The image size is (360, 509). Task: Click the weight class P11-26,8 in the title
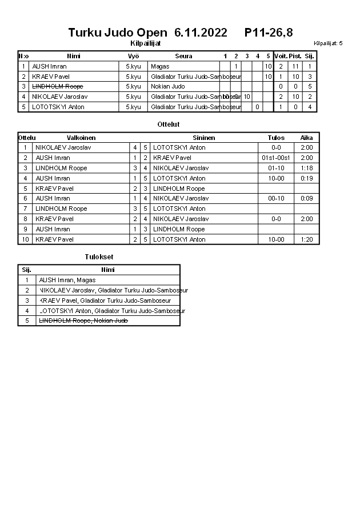(269, 32)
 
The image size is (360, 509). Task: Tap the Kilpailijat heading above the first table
(146, 43)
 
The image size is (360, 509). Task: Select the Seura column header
(183, 56)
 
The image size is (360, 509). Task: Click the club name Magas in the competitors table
(160, 66)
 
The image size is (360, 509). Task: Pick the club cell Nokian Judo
(168, 86)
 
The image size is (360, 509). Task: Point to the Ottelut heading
(169, 124)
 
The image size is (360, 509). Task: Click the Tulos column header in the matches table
(276, 138)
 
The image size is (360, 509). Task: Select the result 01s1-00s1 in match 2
(276, 158)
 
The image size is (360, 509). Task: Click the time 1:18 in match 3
(307, 168)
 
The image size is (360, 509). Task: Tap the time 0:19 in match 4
(307, 178)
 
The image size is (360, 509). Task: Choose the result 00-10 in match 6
(276, 198)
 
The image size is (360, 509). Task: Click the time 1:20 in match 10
(307, 239)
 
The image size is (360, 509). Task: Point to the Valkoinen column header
(81, 138)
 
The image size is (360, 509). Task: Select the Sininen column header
(204, 138)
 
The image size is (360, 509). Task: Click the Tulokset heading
(99, 257)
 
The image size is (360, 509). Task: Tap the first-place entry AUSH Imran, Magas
(67, 280)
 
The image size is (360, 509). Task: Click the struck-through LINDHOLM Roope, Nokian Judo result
(83, 321)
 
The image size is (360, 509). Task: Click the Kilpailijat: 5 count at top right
(328, 43)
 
